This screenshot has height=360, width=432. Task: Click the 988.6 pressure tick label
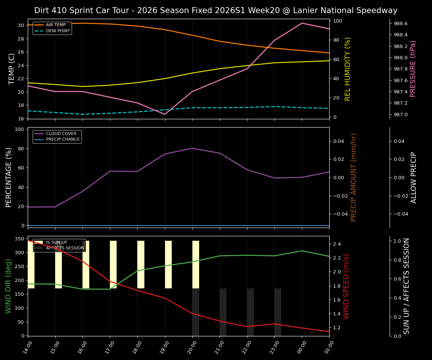400,24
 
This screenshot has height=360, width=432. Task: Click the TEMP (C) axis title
12,69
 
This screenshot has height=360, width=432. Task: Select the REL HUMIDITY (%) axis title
348,69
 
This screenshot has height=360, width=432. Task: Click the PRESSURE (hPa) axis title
413,69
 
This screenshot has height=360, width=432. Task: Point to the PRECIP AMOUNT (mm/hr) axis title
354,177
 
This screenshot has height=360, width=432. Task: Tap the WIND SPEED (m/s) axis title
346,286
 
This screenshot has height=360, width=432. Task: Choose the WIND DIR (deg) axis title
8,286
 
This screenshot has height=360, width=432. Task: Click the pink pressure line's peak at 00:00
302,23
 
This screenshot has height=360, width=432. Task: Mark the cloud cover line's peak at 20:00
192,148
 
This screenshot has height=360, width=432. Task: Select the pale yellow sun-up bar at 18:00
141,264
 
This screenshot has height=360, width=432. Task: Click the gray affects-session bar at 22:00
250,312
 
